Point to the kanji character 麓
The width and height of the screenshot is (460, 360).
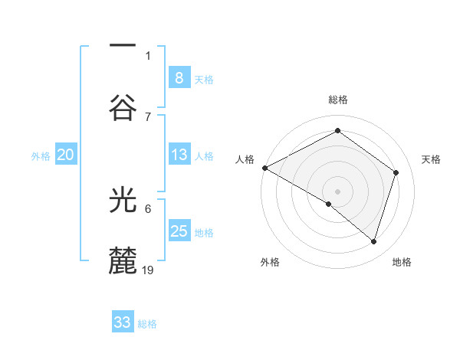click(x=123, y=261)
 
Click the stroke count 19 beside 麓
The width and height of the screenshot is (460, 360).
click(x=149, y=270)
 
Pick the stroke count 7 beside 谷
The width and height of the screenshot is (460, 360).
click(x=148, y=116)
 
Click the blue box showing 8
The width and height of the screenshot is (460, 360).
click(x=179, y=77)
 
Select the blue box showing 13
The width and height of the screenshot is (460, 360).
click(x=179, y=155)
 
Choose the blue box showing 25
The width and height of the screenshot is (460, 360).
click(x=179, y=231)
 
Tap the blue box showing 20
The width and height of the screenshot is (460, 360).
click(x=65, y=155)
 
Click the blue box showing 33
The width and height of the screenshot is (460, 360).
click(x=123, y=322)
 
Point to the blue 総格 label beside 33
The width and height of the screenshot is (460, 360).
click(x=148, y=324)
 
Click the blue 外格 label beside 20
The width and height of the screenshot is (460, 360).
click(x=41, y=156)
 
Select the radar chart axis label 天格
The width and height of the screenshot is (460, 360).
click(x=432, y=159)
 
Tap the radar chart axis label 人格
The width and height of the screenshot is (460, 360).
click(x=245, y=159)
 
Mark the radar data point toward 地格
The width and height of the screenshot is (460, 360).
click(x=373, y=241)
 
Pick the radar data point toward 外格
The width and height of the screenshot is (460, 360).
click(x=329, y=204)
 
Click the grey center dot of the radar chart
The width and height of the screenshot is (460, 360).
click(x=337, y=191)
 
